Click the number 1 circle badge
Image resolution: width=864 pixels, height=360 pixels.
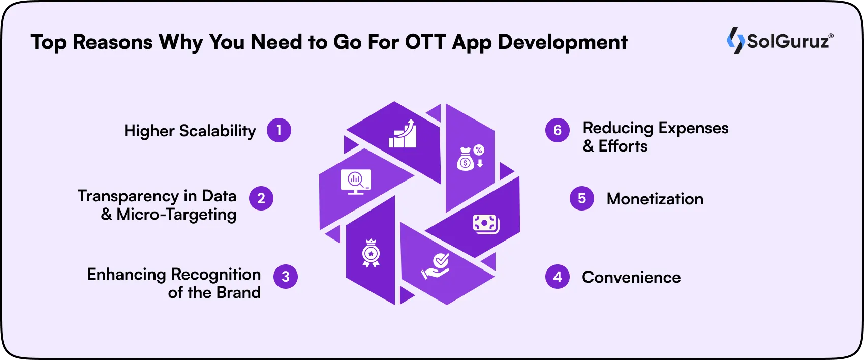pos(279,130)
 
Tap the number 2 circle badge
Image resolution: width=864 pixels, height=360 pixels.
pos(261,198)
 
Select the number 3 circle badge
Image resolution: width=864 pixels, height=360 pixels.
pos(286,277)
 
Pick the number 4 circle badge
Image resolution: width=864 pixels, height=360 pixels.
pos(558,277)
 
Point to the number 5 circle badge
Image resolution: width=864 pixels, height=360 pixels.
pos(582,198)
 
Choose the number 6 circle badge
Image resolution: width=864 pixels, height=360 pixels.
pos(558,130)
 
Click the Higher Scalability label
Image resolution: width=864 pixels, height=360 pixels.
pos(190,131)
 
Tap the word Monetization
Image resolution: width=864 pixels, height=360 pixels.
pos(655,199)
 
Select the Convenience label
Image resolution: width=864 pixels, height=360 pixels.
pos(631,277)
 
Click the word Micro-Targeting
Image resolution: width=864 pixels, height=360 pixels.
pos(176,215)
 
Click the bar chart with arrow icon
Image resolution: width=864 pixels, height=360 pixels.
pos(403,134)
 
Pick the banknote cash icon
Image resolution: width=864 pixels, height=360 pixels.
pos(486,224)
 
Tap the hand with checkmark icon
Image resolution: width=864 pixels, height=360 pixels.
pos(436,266)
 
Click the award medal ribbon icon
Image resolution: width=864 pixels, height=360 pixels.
pos(371,253)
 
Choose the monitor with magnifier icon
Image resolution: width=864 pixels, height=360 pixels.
pos(355,182)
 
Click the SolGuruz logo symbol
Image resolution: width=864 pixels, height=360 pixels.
pos(735,41)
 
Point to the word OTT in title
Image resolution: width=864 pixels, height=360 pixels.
pos(425,42)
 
